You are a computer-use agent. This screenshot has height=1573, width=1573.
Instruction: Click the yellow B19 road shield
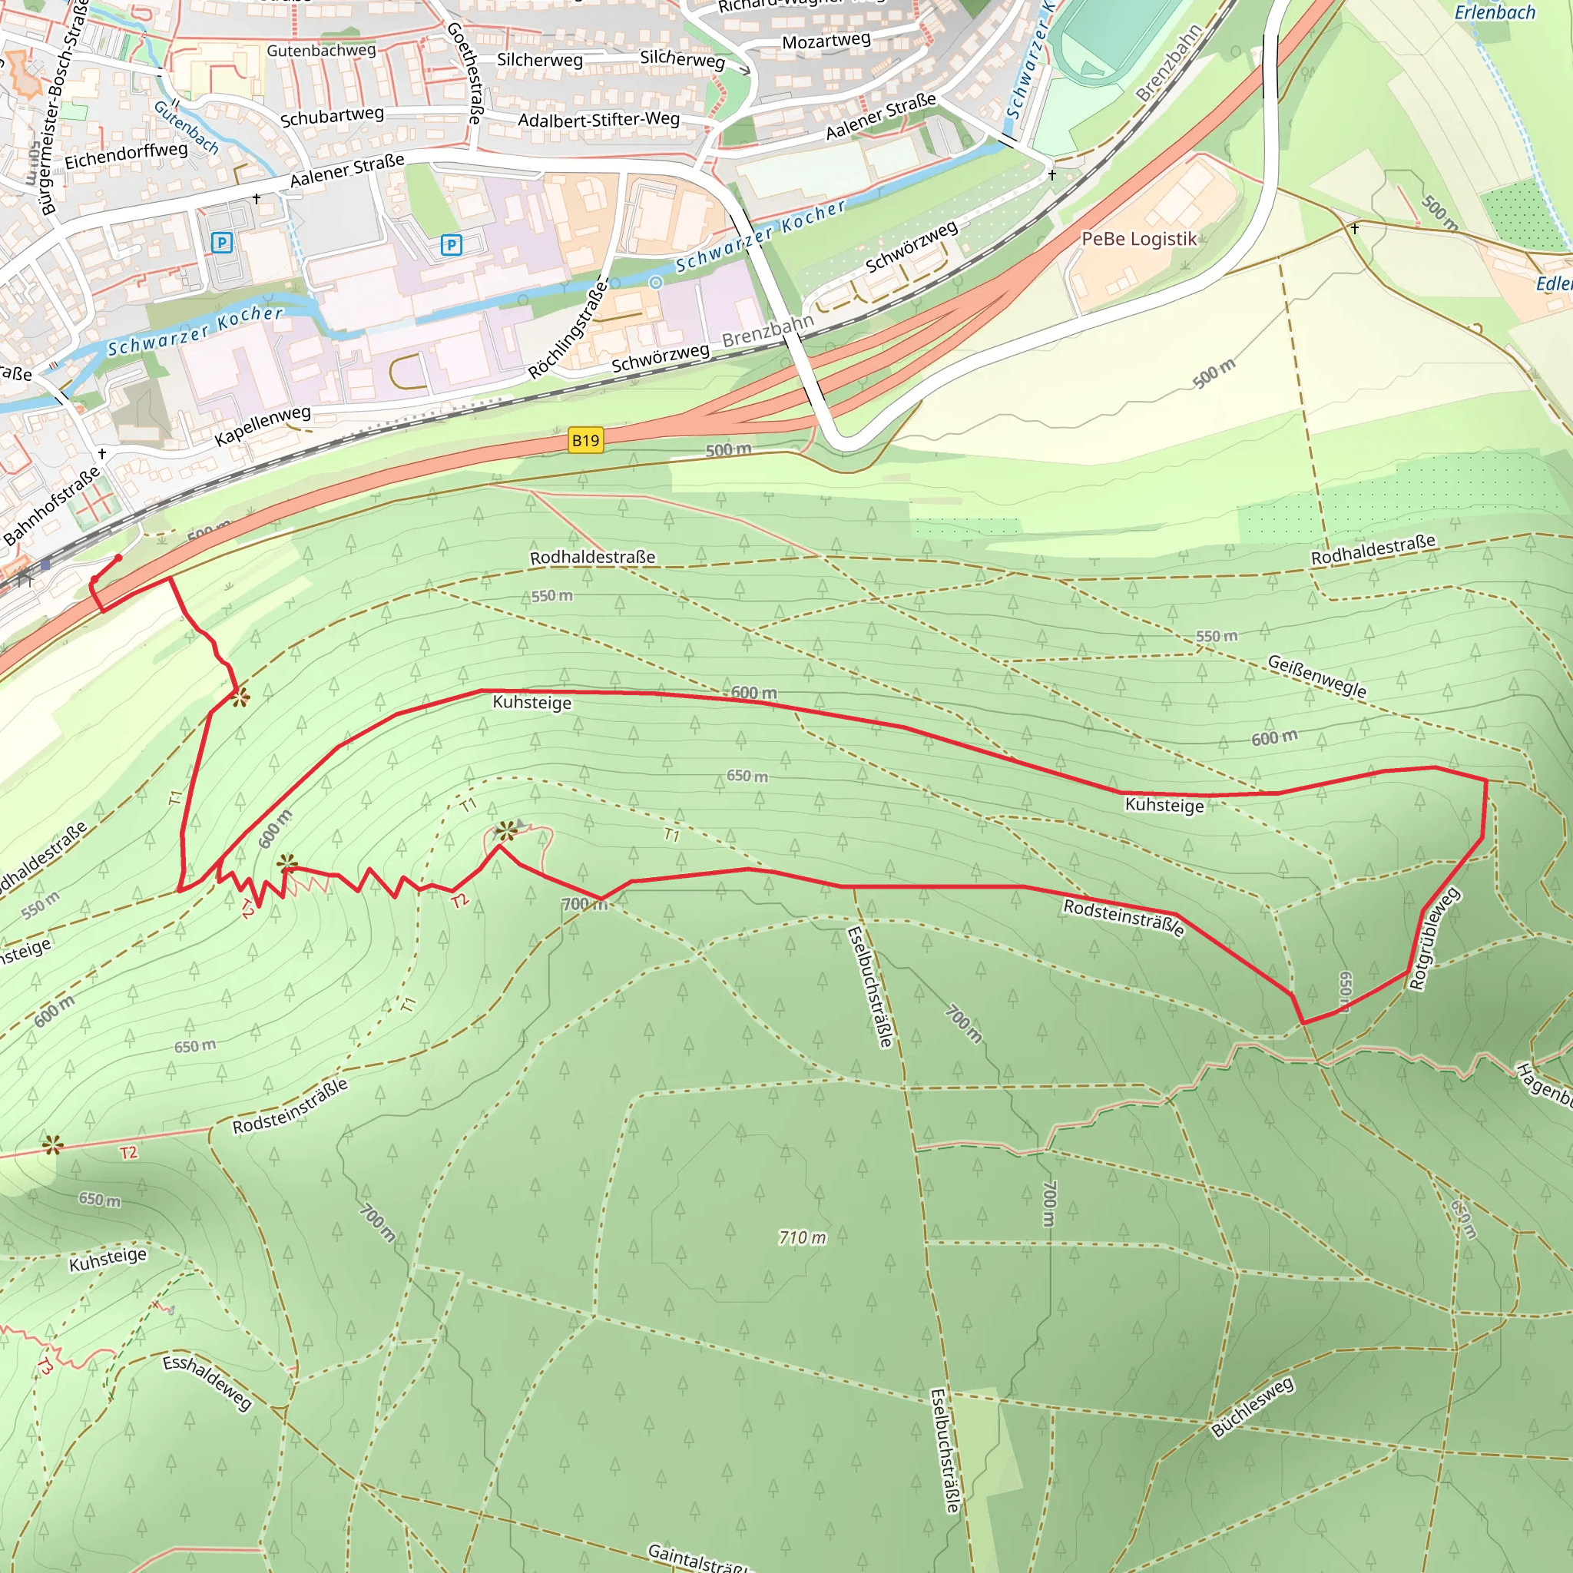[584, 440]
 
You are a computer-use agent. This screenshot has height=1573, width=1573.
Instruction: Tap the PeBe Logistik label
[1138, 239]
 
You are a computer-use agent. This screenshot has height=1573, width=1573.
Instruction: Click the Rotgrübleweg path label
[1435, 939]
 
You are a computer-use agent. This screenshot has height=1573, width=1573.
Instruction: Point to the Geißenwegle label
[1316, 677]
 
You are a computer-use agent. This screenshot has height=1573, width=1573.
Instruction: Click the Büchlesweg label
[1251, 1408]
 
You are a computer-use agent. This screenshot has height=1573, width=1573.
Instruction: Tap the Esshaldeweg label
[207, 1383]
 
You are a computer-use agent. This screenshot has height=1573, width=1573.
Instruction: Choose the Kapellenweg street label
[262, 426]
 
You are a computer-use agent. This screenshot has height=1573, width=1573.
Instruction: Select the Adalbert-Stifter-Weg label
[598, 120]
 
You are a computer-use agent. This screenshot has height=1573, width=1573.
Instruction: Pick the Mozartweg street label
[826, 41]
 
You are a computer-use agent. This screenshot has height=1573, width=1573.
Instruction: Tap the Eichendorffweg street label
[125, 154]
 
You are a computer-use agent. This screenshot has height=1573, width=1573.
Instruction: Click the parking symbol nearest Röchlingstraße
[451, 243]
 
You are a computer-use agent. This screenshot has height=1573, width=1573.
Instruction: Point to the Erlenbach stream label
[1494, 12]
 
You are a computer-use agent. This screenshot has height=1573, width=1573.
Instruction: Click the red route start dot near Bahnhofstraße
[118, 558]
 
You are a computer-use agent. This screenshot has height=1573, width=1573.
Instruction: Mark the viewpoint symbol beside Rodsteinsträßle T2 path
[53, 1145]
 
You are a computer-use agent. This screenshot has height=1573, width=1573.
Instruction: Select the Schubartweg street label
[331, 117]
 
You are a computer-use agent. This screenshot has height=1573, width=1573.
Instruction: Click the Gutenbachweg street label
[321, 51]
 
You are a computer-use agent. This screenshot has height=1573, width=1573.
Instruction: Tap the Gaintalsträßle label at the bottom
[696, 1558]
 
